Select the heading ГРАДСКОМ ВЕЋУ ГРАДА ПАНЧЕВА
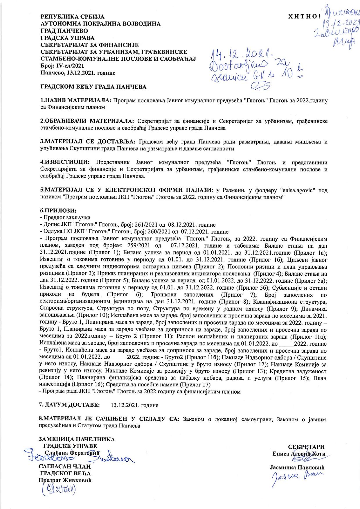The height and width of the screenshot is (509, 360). (x=93, y=87)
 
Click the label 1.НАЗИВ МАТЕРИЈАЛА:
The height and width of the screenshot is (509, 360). (x=75, y=101)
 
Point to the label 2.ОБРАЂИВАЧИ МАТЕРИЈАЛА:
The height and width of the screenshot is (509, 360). (x=87, y=121)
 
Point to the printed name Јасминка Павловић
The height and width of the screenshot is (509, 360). (x=297, y=468)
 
